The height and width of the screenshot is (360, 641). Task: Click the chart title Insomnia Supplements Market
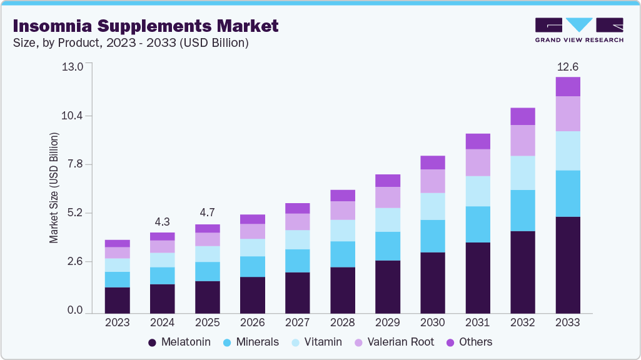145,26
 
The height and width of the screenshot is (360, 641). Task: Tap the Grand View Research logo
578,30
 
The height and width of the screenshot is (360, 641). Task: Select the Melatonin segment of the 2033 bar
568,264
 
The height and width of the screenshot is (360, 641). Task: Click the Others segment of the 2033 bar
568,86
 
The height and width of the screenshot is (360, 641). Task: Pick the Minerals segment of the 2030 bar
433,236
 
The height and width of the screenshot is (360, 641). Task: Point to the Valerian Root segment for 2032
523,140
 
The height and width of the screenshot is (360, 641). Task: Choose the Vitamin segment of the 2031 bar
478,191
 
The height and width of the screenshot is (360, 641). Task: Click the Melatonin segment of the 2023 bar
118,299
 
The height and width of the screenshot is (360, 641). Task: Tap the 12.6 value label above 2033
568,67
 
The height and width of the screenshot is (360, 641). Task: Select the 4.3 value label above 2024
163,222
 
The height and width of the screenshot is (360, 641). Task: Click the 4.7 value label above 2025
208,213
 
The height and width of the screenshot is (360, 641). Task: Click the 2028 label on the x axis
343,322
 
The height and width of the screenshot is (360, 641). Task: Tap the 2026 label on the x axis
253,322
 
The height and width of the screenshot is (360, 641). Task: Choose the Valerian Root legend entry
391,342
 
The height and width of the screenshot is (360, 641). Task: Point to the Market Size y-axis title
54,187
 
